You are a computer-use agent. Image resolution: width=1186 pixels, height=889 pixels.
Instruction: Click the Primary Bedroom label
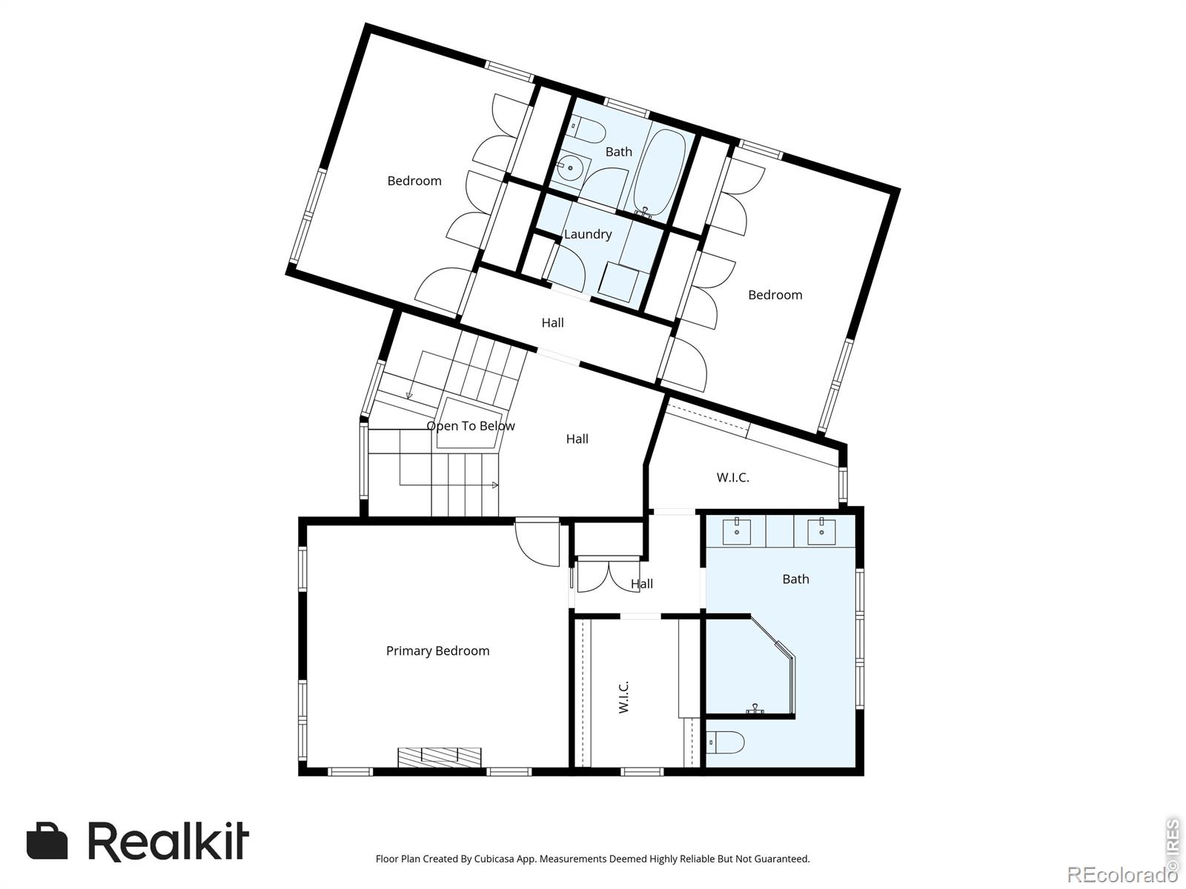click(x=437, y=651)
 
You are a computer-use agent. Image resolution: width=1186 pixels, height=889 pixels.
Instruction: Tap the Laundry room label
click(x=588, y=234)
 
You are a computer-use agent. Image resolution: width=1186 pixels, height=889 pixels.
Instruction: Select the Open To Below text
click(x=471, y=426)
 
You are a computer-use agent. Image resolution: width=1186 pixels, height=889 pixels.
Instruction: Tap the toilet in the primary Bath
click(x=725, y=743)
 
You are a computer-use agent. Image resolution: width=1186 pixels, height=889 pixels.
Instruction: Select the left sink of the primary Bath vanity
click(x=737, y=531)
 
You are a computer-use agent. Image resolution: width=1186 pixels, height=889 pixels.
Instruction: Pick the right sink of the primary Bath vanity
click(x=821, y=531)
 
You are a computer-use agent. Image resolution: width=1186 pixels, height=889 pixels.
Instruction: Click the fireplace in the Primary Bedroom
click(x=440, y=756)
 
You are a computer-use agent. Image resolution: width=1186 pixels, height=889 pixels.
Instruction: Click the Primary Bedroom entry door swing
click(x=537, y=542)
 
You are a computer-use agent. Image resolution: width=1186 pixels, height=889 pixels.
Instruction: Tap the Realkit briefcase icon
click(x=47, y=841)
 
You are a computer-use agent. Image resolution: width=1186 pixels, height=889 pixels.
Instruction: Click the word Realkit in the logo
click(x=168, y=841)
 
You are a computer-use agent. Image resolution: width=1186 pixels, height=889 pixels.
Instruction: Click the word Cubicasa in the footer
click(x=494, y=859)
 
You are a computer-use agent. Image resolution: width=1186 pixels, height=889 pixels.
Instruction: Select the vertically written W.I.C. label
click(x=623, y=697)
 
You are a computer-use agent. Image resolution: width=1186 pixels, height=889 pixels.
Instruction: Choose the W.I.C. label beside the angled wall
click(x=732, y=478)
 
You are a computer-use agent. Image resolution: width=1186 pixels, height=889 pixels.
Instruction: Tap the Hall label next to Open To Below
click(x=577, y=439)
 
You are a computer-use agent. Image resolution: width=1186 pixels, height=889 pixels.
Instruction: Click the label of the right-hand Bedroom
click(x=775, y=295)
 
